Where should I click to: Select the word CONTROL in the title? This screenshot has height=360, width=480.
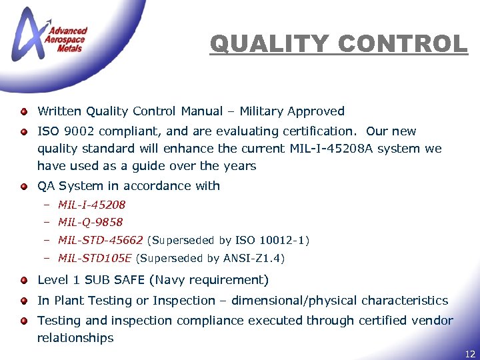click(x=403, y=44)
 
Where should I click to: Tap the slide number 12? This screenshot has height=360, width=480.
click(x=470, y=354)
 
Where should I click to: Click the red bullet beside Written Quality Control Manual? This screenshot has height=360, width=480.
click(x=23, y=111)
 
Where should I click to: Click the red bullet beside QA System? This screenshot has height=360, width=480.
click(x=23, y=186)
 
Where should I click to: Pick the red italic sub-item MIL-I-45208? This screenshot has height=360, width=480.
click(x=91, y=205)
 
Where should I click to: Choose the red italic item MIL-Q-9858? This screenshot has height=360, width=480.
click(x=90, y=222)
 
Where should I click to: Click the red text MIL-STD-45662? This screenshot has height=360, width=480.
click(x=100, y=240)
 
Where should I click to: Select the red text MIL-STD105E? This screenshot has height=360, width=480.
click(x=95, y=258)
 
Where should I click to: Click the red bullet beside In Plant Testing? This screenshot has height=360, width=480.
click(x=23, y=301)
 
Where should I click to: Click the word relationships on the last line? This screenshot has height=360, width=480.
click(x=75, y=338)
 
